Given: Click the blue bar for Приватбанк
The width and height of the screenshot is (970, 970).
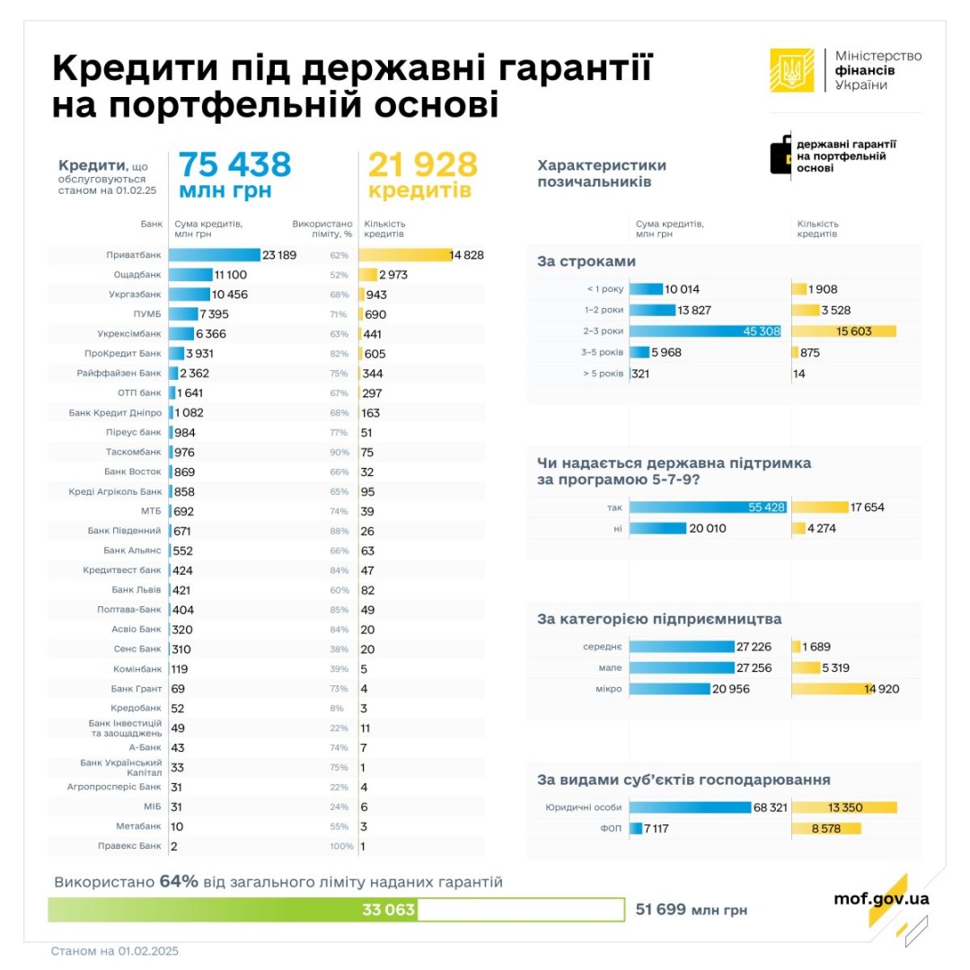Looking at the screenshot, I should point(214,255).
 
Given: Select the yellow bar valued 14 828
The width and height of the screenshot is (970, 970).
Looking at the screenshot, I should point(404,255).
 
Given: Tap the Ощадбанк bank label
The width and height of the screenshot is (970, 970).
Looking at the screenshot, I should point(137,275).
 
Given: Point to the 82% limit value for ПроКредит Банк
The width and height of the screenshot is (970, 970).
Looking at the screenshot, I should point(339,354).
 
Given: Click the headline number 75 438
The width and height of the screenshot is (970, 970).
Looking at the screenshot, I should point(234,164).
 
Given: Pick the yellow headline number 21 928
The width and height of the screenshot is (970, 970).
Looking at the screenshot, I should point(421,164).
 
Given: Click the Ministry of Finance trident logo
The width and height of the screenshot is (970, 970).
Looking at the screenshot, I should point(791,69).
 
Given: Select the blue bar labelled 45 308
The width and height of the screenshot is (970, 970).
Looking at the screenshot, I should point(705,331).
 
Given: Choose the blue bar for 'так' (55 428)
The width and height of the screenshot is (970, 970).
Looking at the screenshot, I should point(708,507).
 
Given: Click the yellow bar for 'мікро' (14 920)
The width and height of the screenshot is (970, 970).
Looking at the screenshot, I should point(832,689).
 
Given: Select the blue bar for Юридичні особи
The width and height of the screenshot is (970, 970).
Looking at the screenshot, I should point(690,807).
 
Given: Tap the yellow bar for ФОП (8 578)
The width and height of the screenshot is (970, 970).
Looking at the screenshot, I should point(826,828).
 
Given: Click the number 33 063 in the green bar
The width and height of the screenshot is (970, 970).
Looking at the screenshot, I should point(388,910).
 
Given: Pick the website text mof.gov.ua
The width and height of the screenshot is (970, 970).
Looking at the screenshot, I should point(881,898).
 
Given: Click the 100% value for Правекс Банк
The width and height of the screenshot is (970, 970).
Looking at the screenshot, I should point(341,846).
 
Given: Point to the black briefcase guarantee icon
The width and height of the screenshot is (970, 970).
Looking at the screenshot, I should point(780,155).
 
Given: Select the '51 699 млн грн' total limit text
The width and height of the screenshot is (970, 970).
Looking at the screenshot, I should point(691,910).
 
